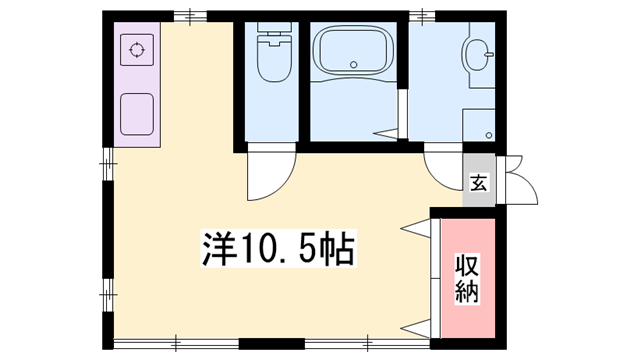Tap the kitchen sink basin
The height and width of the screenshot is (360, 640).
(135, 112)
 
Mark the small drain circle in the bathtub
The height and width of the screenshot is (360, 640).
(355, 67)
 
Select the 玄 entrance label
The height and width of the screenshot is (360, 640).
(479, 183)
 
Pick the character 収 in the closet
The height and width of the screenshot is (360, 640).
(467, 267)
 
